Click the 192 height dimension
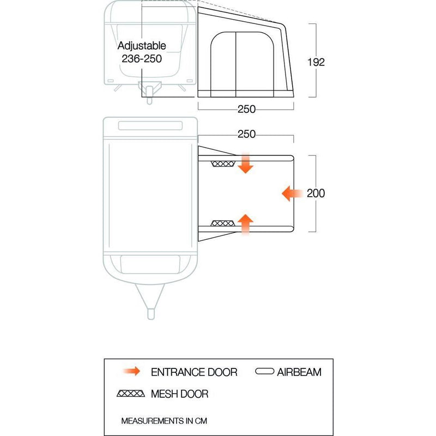pos(316,62)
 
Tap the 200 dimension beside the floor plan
pos(316,193)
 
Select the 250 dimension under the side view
pos(246,109)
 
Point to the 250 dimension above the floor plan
pos(246,134)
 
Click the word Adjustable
pos(142,46)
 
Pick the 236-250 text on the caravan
pos(142,59)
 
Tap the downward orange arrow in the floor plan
pos(245,163)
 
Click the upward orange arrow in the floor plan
pos(245,225)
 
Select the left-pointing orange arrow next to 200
pos(292,193)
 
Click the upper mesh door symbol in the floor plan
pos(223,164)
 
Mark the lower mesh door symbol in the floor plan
pos(223,223)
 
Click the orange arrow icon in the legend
pos(132,371)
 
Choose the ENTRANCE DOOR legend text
pos(194,372)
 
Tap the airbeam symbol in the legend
pos(264,372)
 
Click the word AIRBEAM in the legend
pos(299,372)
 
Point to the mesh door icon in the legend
pos(131,393)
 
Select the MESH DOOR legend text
pos(180,393)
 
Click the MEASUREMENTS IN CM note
pos(164,421)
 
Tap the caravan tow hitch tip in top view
pos(151,314)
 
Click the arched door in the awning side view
pos(242,64)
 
